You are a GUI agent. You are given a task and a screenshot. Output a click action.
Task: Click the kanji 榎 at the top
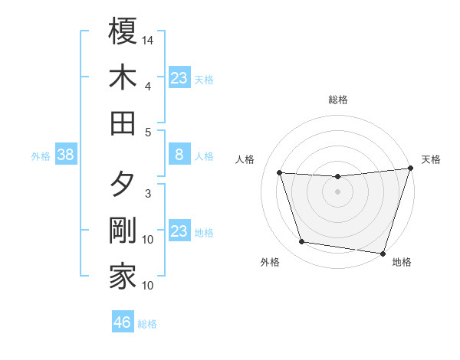point(123,31)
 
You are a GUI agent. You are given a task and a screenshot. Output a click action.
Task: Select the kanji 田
point(123,122)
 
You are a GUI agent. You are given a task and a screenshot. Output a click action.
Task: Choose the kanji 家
point(123,277)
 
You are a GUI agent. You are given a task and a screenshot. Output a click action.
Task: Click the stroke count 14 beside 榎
point(148,40)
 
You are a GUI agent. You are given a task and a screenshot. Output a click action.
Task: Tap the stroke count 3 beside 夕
point(148,194)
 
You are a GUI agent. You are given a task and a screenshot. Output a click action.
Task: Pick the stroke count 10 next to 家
point(148,286)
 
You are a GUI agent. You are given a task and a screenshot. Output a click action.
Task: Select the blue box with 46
point(123,322)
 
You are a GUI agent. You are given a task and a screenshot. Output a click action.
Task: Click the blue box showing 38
point(65,155)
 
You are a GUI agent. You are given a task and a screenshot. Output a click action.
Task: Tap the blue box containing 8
point(179,155)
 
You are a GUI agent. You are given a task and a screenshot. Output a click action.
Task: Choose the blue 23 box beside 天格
point(179,77)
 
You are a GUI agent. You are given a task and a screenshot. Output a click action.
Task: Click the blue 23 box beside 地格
point(179,231)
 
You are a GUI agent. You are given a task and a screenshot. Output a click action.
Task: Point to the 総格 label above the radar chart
point(337,100)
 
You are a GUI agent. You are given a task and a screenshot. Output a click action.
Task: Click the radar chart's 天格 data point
point(410,169)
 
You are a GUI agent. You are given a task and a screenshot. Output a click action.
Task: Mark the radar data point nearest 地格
point(383,253)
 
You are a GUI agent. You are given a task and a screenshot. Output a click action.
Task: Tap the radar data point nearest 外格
point(302,242)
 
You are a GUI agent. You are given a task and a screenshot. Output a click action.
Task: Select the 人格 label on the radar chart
point(245,159)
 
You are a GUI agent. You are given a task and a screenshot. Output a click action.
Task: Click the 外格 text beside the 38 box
point(41,156)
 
